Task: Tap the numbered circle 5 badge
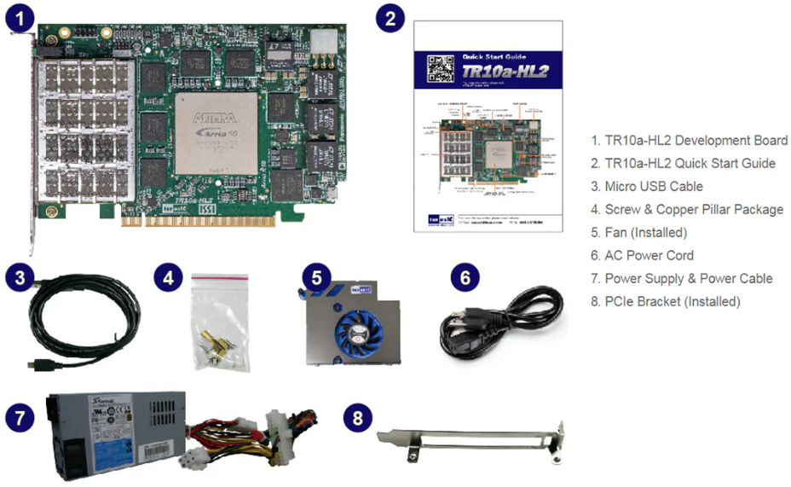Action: point(316,277)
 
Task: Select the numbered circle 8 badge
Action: point(359,417)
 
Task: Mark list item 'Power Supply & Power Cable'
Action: point(688,278)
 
